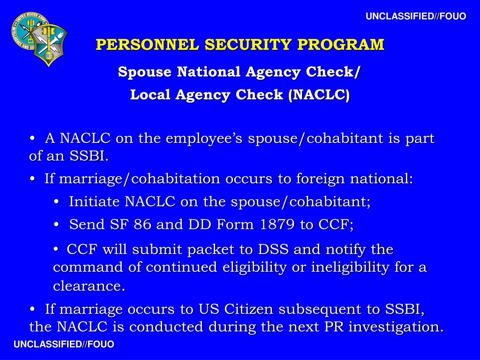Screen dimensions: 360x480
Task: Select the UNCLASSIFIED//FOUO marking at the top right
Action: [x=416, y=16]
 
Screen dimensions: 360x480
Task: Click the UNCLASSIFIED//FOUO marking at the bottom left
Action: [x=64, y=345]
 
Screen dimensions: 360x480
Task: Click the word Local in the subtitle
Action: [x=150, y=95]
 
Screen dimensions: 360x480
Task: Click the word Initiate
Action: [x=95, y=202]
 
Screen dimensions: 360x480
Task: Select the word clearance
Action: [x=89, y=285]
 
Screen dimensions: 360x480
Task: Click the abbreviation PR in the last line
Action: [x=334, y=327]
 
